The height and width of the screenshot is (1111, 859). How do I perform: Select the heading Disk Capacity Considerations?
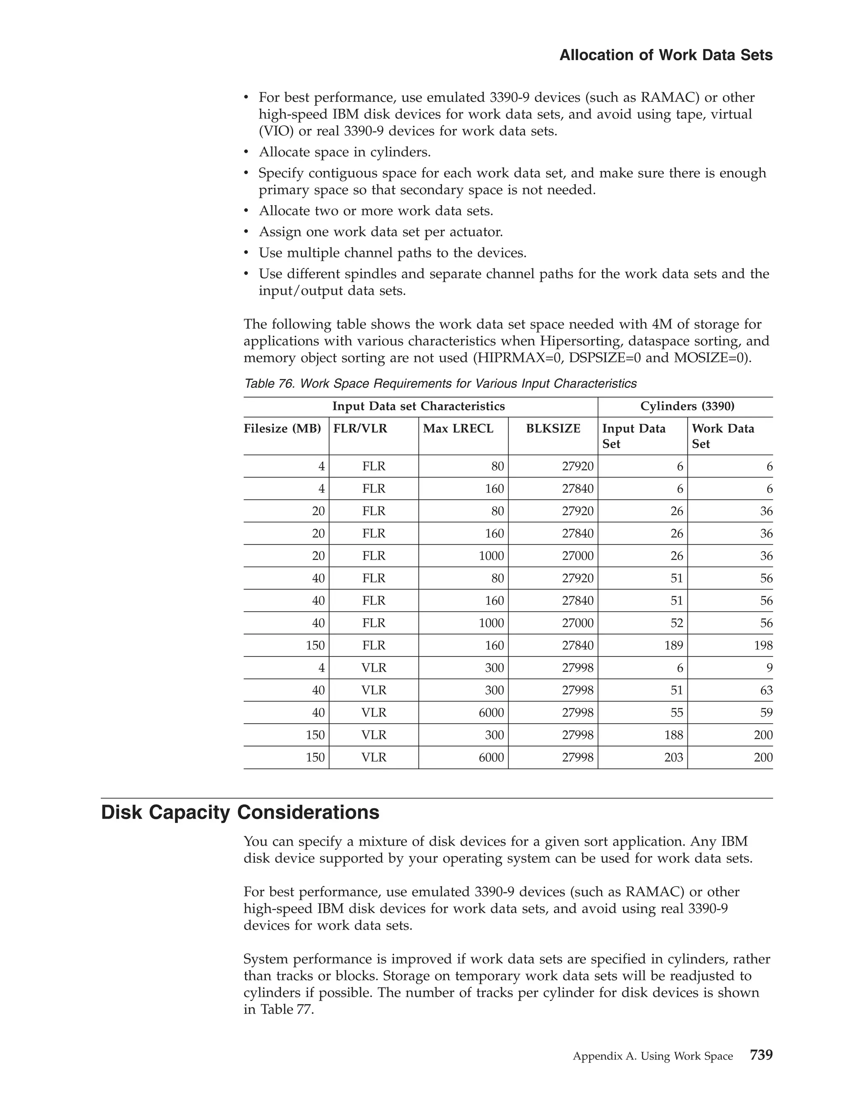240,812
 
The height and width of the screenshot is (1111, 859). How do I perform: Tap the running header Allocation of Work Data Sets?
666,55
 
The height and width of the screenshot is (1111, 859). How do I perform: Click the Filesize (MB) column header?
282,428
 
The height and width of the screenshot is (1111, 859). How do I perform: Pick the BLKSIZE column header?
553,428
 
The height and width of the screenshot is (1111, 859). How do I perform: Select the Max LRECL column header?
458,428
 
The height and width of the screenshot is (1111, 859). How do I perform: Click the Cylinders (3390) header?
687,406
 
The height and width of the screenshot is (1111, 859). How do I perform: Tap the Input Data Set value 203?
673,758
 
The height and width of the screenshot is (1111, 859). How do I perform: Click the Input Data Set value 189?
673,646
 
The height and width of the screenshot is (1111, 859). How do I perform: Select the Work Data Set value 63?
766,690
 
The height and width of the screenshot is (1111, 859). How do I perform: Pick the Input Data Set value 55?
676,713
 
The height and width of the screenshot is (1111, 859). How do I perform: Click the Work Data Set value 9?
769,668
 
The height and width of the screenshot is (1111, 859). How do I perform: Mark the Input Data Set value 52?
676,623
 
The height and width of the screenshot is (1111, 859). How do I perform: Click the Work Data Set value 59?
766,713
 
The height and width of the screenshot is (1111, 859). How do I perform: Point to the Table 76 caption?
440,384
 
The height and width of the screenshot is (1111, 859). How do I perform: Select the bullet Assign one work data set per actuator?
381,232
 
